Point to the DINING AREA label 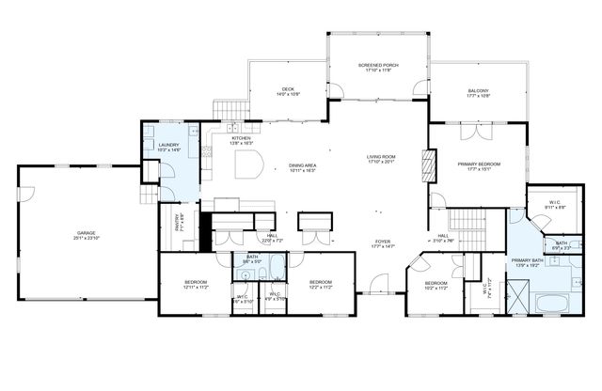tap(303, 165)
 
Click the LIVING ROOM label tap(382, 157)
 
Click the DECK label tap(288, 90)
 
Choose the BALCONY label tap(479, 91)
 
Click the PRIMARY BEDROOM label tap(479, 164)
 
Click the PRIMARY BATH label tap(527, 260)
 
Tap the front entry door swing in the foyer tap(377, 282)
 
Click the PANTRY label tap(178, 224)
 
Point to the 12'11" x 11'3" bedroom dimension tap(195, 286)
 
